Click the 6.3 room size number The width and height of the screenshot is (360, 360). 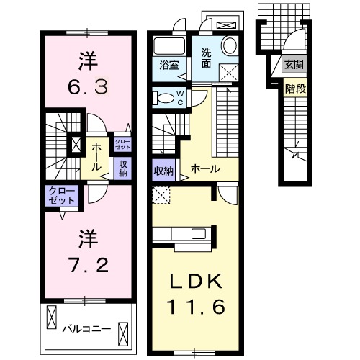point(87,88)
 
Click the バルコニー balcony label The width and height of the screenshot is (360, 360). point(86,328)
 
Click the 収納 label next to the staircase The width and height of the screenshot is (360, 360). point(163,171)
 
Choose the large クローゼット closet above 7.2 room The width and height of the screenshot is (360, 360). point(60,196)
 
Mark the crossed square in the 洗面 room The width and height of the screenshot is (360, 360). point(230,72)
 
